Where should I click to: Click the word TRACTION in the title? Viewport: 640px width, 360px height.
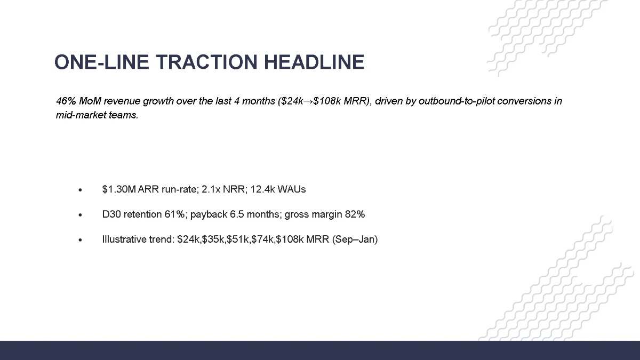click(x=208, y=62)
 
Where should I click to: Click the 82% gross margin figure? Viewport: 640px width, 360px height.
click(x=355, y=214)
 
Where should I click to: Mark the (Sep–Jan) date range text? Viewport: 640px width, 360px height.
click(x=355, y=239)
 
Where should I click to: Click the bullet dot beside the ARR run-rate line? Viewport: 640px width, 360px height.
click(x=80, y=190)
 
